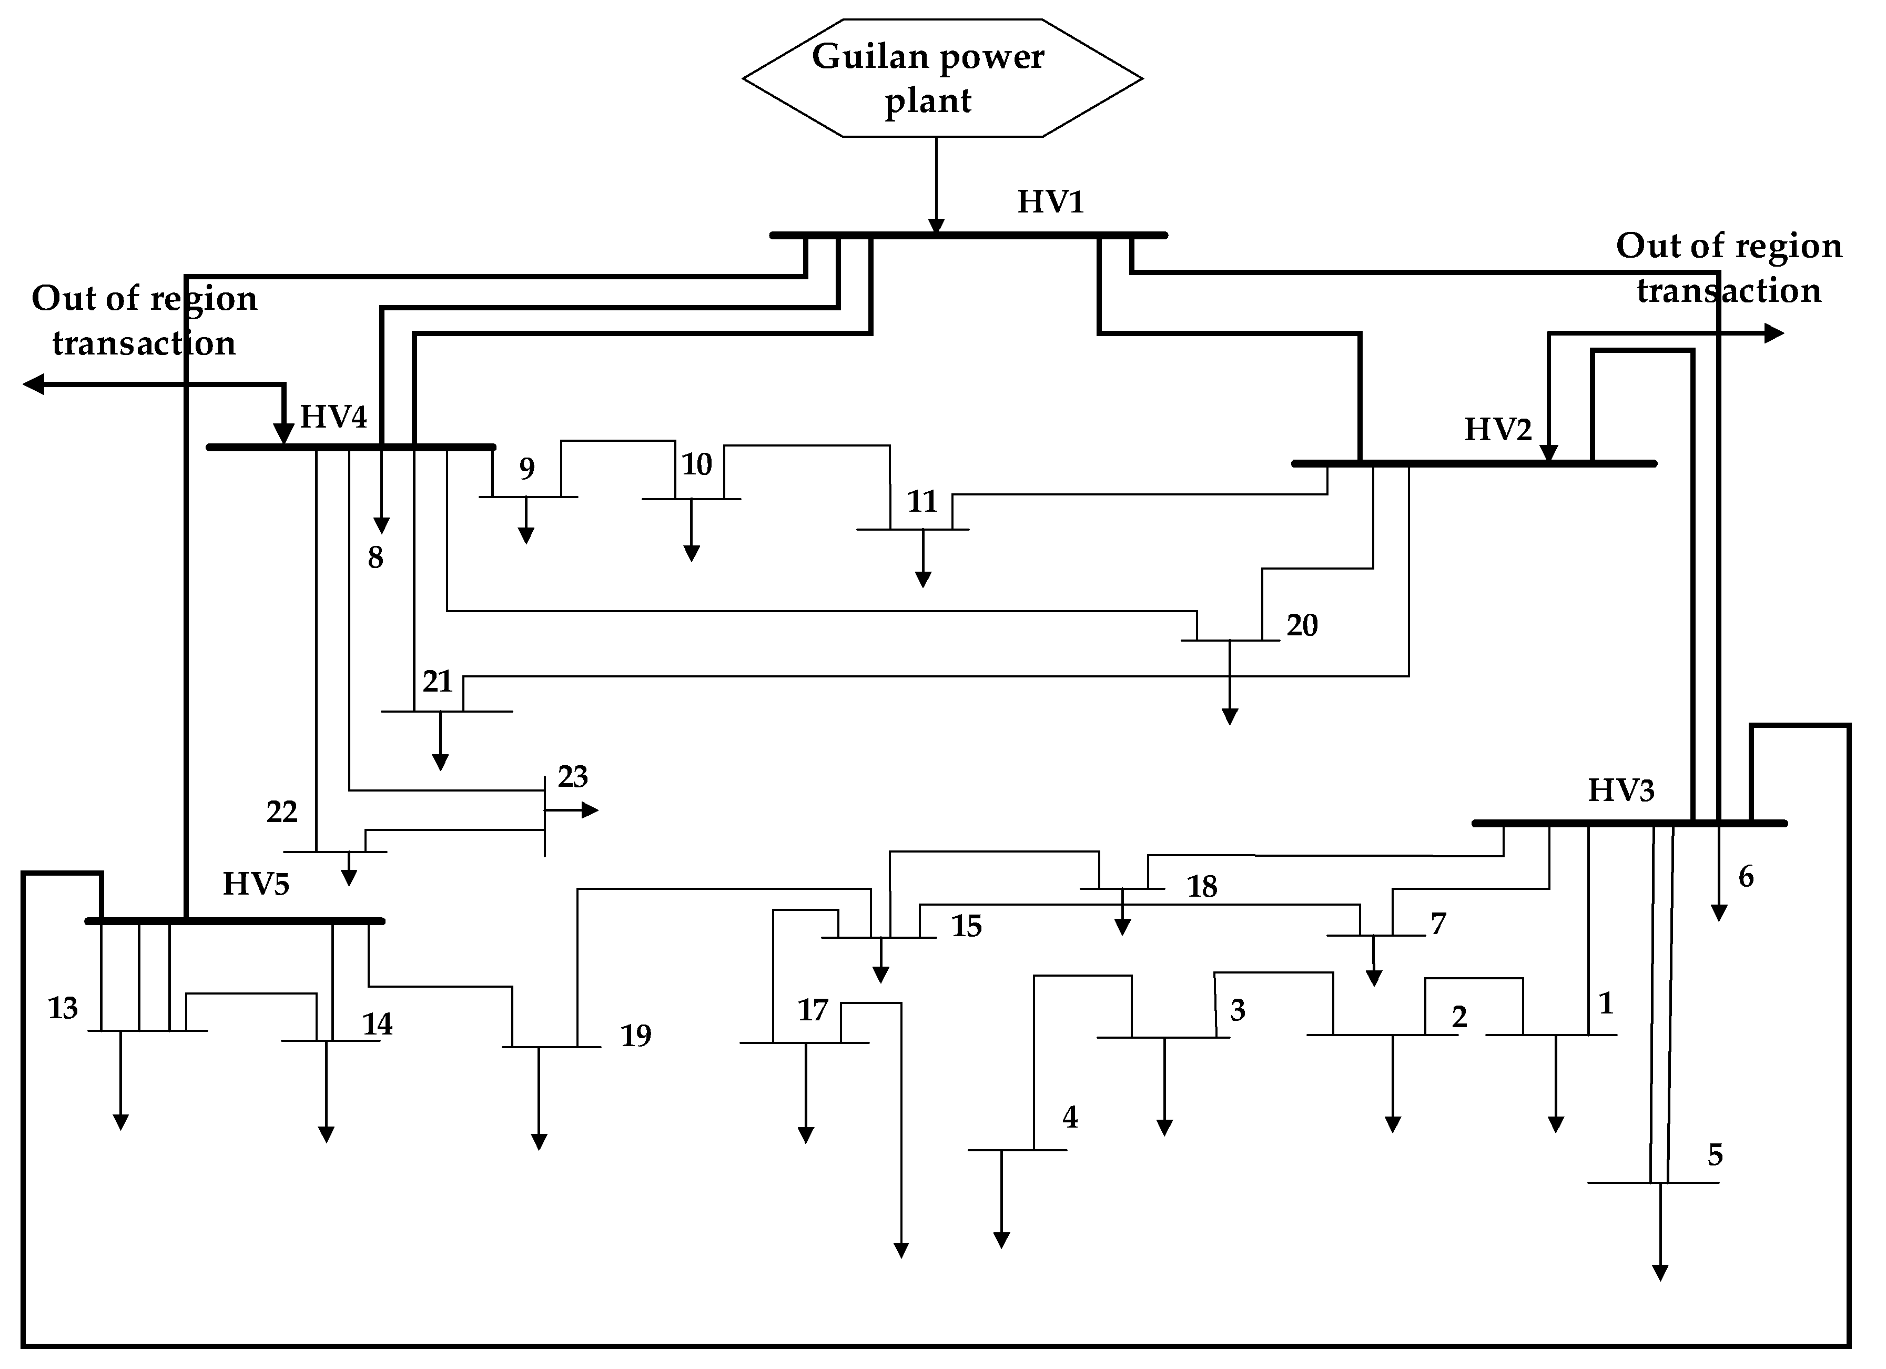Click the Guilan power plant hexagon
(941, 78)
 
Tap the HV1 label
(1050, 202)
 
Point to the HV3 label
(1621, 790)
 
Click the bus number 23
(572, 777)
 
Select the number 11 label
(921, 502)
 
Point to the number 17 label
(813, 1010)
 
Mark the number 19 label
(635, 1036)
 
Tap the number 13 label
(63, 1009)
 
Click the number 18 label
(1202, 887)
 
